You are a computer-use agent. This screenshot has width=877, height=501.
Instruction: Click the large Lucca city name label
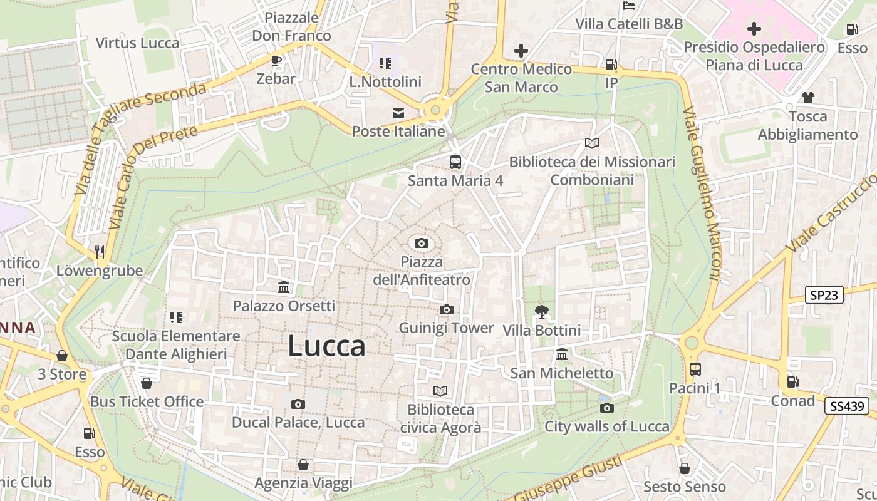[x=326, y=346]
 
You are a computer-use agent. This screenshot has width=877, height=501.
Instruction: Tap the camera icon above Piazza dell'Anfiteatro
[x=422, y=243]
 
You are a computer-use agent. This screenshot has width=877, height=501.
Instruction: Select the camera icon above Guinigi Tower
[x=446, y=309]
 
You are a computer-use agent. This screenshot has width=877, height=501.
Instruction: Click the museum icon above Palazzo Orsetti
[x=284, y=287]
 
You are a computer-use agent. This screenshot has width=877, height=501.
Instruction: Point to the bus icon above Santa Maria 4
[x=455, y=162]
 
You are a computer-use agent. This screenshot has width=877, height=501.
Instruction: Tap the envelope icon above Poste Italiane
[x=398, y=113]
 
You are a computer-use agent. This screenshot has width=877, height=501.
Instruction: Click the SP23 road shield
[x=824, y=295]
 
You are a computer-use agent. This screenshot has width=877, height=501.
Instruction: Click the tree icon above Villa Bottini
[x=542, y=311]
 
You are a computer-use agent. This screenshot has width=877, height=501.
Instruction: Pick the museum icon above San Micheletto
[x=562, y=354]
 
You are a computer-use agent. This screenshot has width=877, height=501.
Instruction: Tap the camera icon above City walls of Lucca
[x=606, y=408]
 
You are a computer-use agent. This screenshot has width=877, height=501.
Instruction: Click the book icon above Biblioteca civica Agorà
[x=440, y=391]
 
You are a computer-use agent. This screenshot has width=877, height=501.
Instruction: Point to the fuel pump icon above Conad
[x=792, y=381]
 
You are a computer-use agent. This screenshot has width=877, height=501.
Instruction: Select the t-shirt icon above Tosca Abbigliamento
[x=807, y=98]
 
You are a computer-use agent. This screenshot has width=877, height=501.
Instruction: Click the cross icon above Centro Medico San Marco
[x=521, y=51]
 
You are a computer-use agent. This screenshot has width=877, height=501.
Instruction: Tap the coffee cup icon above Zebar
[x=276, y=60]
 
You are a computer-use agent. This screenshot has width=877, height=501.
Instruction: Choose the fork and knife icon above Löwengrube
[x=99, y=252]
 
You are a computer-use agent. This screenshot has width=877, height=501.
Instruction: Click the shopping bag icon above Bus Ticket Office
[x=147, y=383]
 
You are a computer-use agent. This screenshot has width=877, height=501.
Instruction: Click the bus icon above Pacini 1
[x=695, y=369]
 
